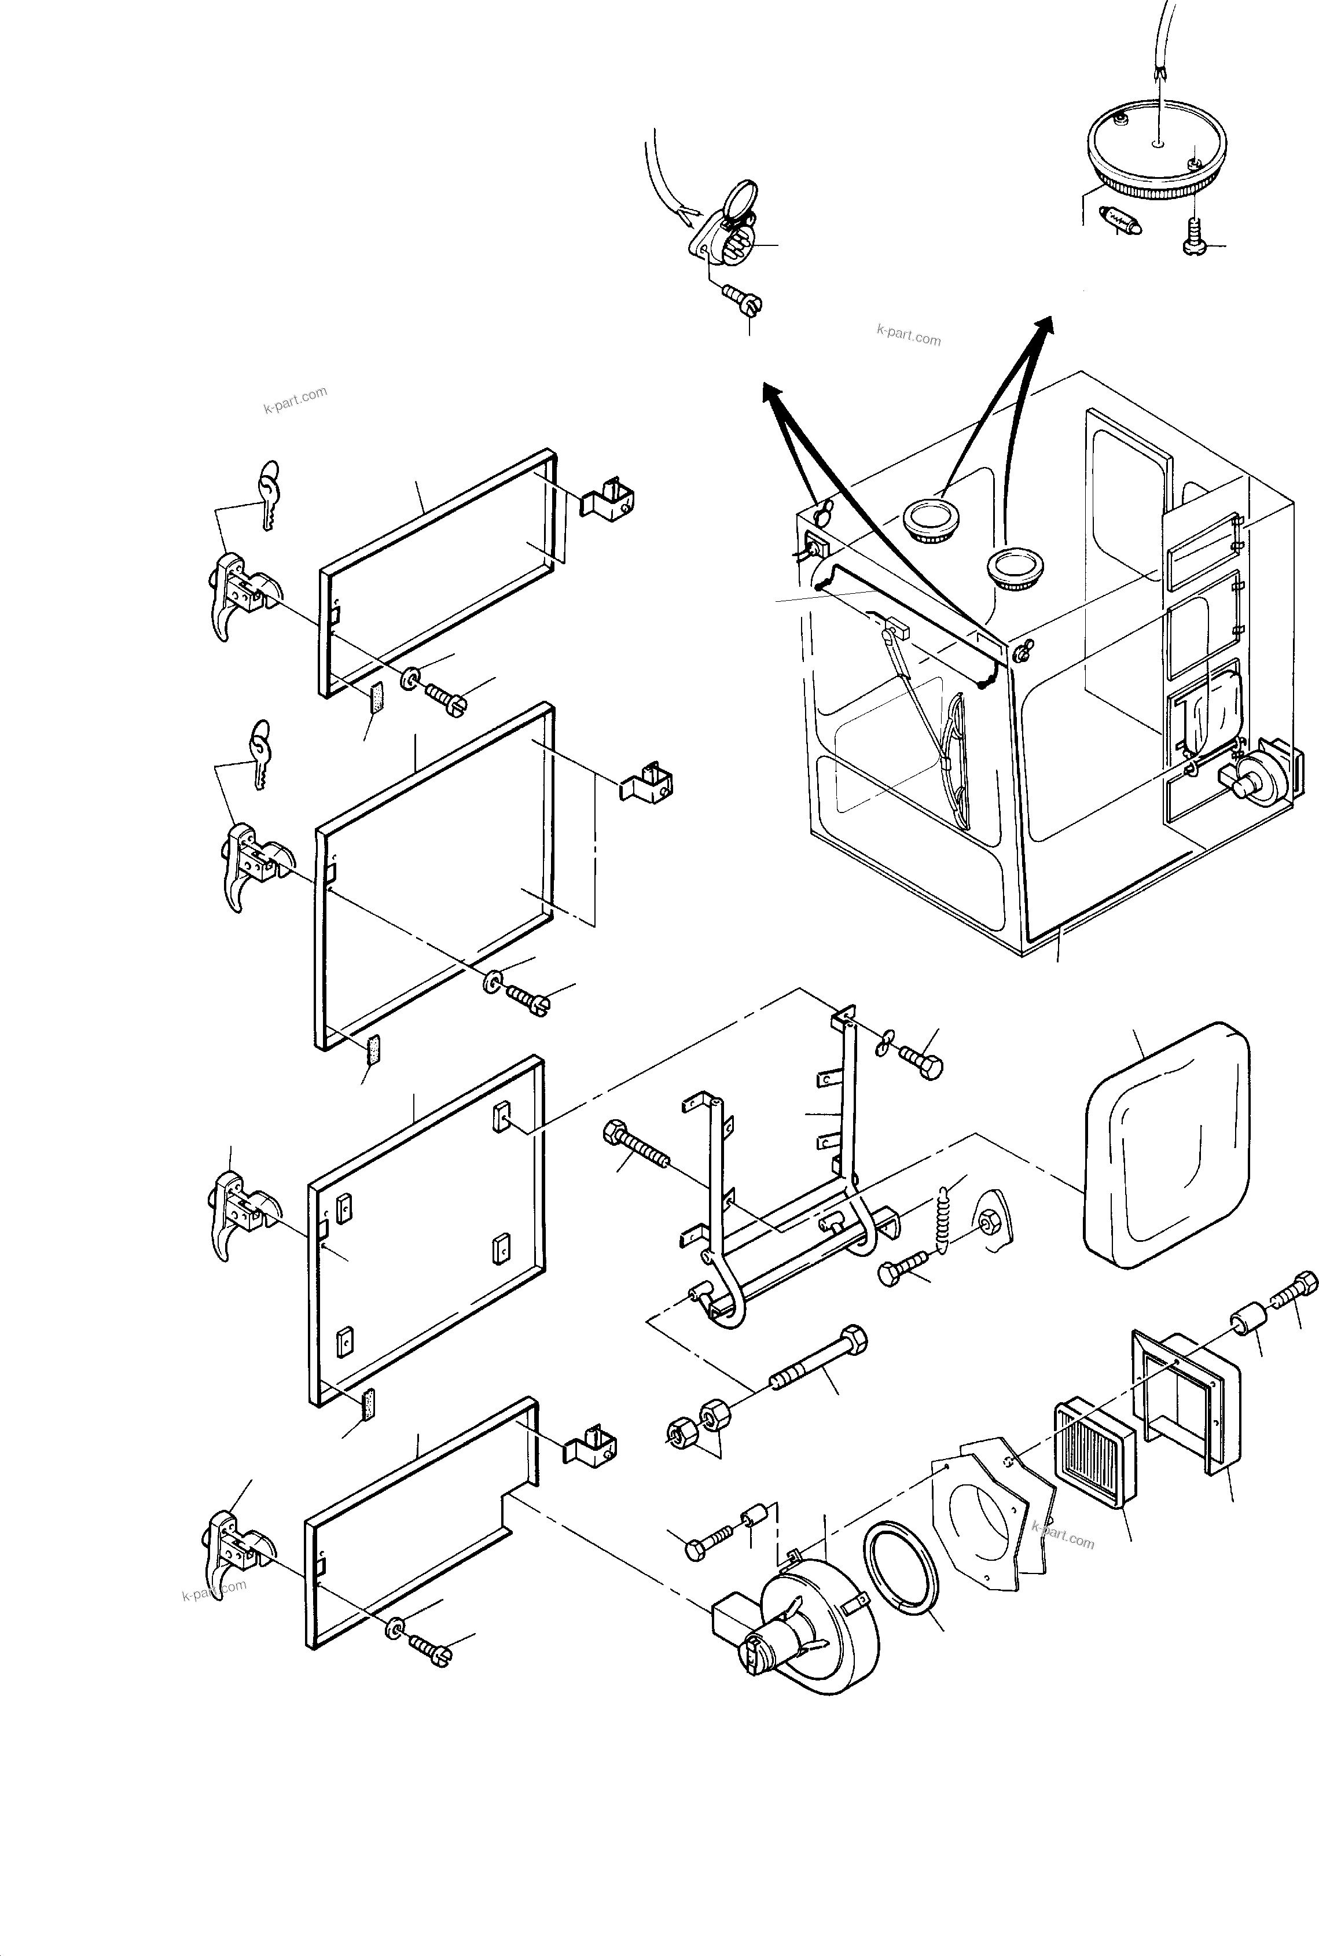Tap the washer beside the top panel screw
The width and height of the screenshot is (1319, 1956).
point(412,677)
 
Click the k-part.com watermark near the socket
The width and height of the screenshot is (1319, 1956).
point(909,334)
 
